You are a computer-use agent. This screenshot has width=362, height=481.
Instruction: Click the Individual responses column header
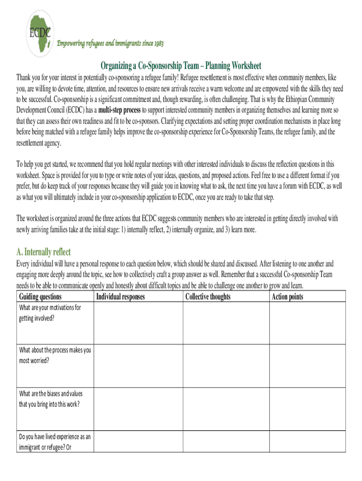tap(120, 296)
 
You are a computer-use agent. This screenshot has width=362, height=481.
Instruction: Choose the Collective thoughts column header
tap(208, 296)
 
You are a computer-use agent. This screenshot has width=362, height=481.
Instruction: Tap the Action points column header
tap(287, 296)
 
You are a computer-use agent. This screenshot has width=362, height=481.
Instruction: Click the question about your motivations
tap(50, 312)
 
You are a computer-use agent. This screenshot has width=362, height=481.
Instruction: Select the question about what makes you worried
tap(55, 355)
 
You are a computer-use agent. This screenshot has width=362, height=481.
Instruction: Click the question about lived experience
tap(55, 442)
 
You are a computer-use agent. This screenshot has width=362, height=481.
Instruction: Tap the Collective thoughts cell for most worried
tap(225, 366)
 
